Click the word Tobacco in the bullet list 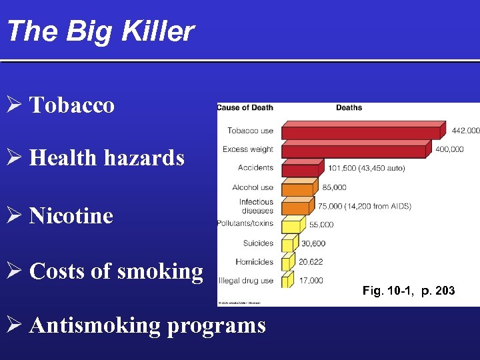(72, 105)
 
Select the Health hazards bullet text (107, 158)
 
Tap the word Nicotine (71, 216)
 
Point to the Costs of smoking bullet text (116, 271)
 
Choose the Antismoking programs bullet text (147, 325)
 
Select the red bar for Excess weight (353, 150)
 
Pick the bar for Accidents (302, 169)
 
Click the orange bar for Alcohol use (297, 188)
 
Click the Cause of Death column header (245, 108)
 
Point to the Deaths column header (349, 108)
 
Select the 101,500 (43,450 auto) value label (367, 169)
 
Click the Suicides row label (258, 243)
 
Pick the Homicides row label (255, 262)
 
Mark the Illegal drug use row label (247, 281)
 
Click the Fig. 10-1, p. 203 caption (409, 291)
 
